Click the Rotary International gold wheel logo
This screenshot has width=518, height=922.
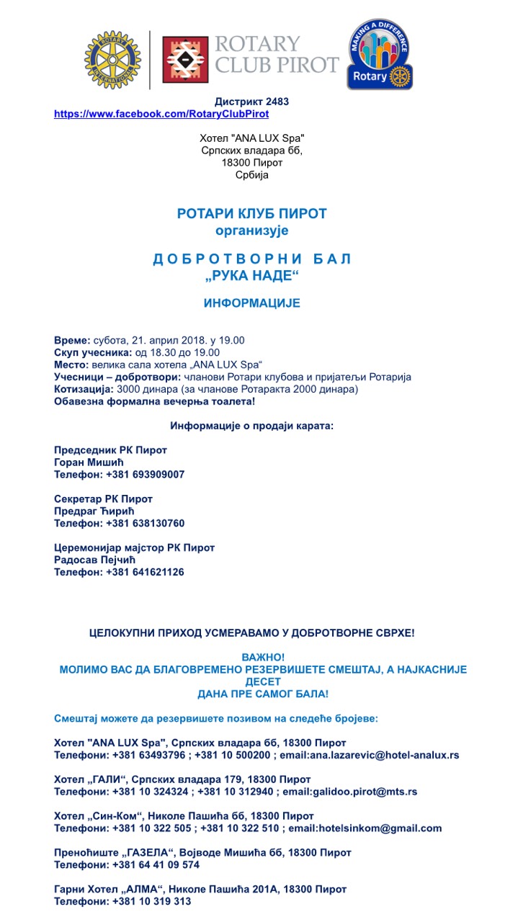click(112, 60)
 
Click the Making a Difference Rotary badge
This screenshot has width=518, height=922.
click(380, 55)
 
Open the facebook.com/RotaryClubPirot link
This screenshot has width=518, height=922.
click(161, 114)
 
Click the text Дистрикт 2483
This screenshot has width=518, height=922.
click(251, 102)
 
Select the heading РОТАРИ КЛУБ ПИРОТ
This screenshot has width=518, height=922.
click(251, 214)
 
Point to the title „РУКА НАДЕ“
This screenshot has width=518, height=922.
click(251, 275)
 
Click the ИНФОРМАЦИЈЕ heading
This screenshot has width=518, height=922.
click(251, 303)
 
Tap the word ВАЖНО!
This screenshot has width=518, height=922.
click(263, 657)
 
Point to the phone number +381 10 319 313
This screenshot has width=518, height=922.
click(148, 901)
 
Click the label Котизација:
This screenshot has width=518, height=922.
click(83, 389)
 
